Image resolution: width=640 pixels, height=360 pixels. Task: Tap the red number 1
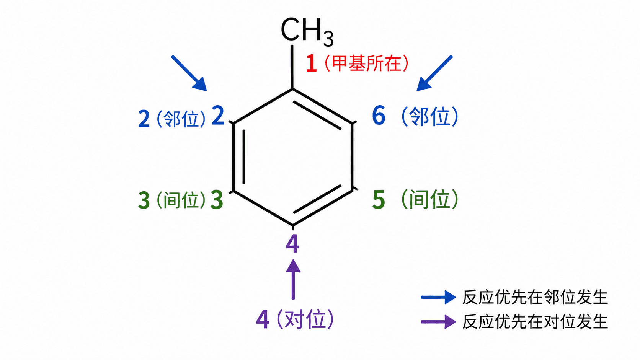312,63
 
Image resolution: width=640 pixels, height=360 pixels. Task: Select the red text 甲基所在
367,63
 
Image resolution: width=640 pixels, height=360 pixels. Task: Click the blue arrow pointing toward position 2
189,73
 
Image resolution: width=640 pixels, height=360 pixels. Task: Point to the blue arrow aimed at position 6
434,73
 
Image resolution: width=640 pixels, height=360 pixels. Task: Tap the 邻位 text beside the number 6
430,117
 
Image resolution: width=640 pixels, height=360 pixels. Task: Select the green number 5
379,200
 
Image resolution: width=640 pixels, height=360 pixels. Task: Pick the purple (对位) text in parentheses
305,319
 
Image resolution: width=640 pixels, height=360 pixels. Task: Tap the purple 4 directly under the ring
292,244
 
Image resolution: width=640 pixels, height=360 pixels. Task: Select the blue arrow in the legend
438,297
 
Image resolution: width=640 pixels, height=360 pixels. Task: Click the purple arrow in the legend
438,322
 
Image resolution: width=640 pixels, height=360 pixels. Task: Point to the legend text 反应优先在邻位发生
535,297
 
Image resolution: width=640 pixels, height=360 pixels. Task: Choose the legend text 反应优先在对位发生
535,322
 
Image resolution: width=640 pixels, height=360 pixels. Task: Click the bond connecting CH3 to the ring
292,67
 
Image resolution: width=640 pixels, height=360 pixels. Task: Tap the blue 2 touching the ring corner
218,116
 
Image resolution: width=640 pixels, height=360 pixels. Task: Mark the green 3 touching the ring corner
217,200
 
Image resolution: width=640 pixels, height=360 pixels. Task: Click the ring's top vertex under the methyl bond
292,89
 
